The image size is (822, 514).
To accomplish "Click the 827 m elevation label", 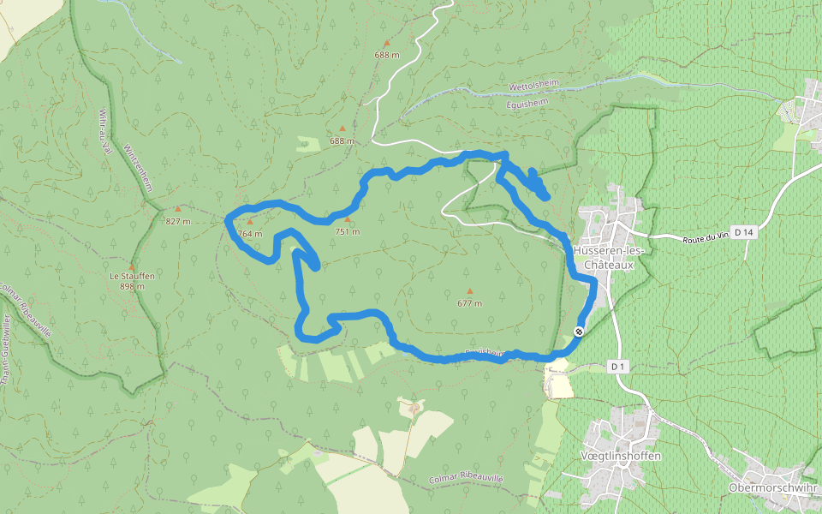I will (178, 222).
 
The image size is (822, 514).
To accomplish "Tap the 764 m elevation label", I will (250, 234).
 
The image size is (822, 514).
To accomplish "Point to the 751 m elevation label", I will (348, 232).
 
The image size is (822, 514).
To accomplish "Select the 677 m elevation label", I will (469, 303).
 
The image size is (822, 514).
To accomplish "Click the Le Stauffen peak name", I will (132, 276).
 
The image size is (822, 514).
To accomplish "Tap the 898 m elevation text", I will (132, 286).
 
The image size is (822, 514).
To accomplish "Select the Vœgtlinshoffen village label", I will (621, 456).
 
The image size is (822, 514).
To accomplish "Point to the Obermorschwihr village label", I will (774, 487).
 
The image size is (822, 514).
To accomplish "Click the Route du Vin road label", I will (706, 236).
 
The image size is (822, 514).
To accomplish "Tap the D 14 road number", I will (744, 232).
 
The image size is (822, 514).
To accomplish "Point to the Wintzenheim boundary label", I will (138, 166).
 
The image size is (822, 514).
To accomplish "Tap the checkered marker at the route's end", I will (580, 332).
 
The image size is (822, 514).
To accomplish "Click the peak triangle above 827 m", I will (178, 209).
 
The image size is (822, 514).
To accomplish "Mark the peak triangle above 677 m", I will (469, 291).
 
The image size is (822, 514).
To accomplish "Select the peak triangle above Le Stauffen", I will (132, 266).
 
